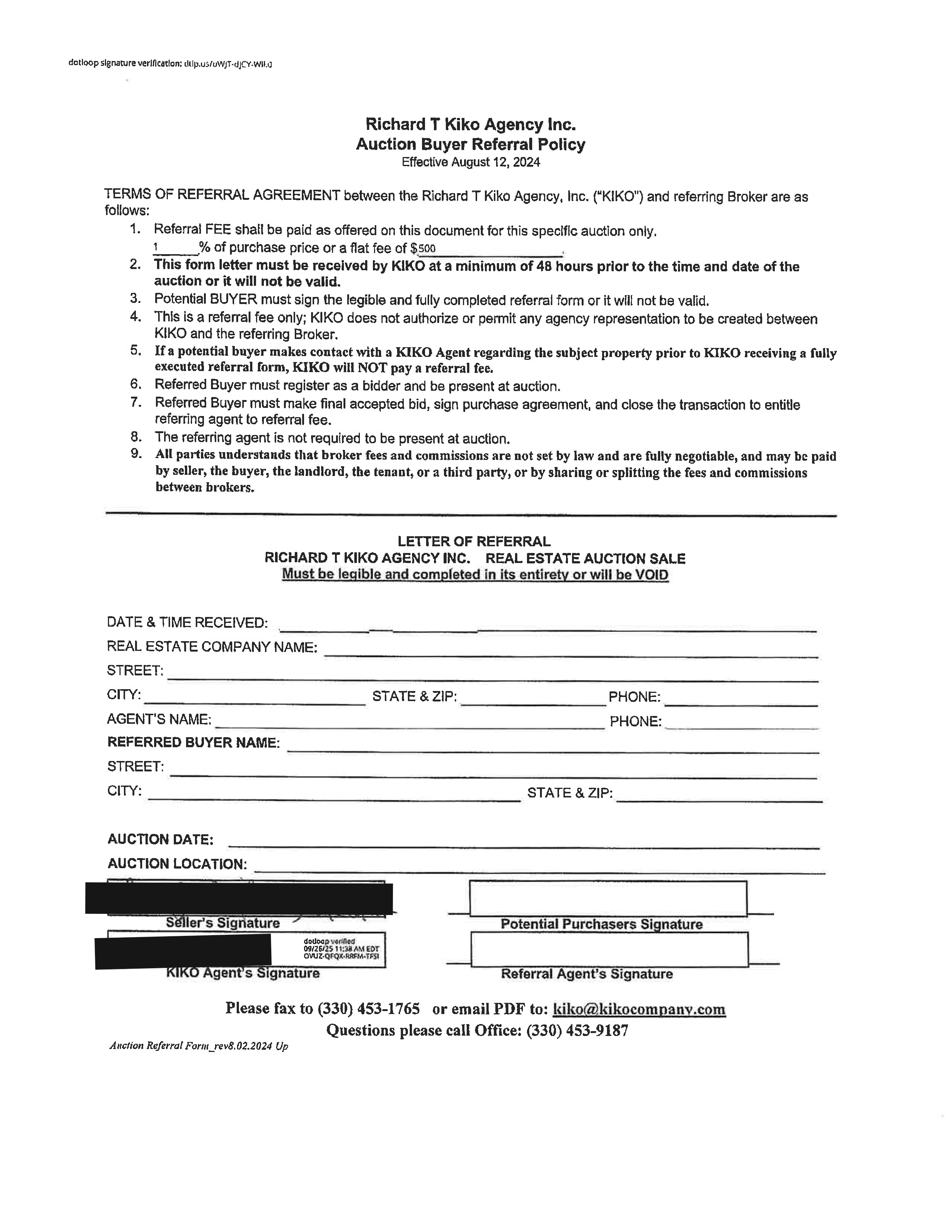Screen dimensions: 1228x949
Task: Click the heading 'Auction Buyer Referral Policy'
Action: click(x=470, y=144)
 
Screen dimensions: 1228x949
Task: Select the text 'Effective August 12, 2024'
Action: click(x=470, y=163)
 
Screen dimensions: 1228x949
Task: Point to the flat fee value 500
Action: click(x=426, y=249)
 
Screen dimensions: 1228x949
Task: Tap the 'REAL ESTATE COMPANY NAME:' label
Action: click(x=212, y=647)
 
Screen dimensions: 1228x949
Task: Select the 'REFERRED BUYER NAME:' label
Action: click(x=194, y=743)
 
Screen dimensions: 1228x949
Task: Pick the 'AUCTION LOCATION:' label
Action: click(x=177, y=864)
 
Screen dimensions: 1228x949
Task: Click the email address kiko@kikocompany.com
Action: click(x=639, y=1009)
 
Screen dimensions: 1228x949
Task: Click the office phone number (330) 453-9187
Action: click(x=577, y=1031)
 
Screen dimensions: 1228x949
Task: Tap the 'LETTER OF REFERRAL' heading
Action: click(x=474, y=541)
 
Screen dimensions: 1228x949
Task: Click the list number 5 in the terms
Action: click(x=135, y=351)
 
